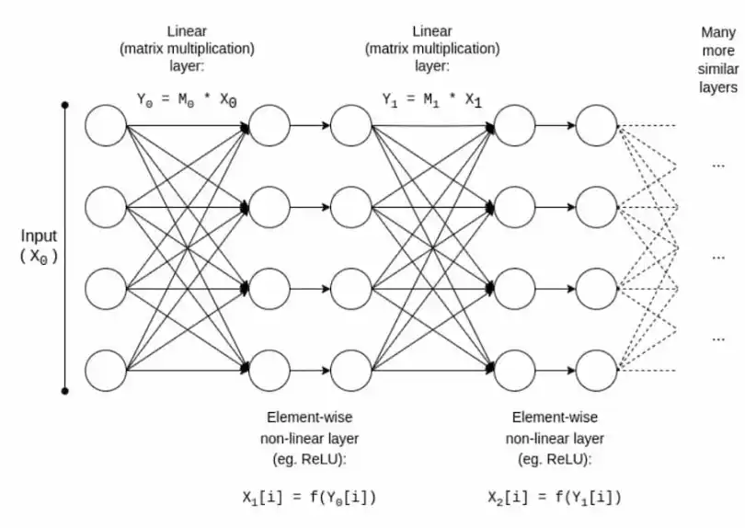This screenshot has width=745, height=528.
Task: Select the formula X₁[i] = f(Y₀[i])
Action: pos(308,498)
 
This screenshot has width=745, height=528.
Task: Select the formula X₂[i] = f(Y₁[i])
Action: pos(555,498)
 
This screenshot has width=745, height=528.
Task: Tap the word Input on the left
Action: pos(38,237)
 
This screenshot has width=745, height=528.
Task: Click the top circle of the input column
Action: pos(105,125)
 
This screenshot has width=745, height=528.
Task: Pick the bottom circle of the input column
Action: pos(105,371)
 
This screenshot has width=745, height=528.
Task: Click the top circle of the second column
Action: pos(269,125)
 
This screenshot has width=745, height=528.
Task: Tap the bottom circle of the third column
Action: pos(351,371)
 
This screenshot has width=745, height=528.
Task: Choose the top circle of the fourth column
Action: pos(515,125)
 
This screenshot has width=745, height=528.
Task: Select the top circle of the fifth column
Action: pos(597,125)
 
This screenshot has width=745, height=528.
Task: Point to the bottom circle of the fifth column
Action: pos(597,371)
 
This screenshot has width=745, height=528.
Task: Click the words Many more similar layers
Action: pos(717,60)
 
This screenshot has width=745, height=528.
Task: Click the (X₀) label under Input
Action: pos(39,258)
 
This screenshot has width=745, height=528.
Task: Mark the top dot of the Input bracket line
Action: pos(65,106)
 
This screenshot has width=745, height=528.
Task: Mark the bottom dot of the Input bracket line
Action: pos(65,391)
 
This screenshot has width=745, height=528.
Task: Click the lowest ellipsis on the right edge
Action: pos(718,339)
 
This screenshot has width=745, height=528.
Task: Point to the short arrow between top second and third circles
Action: pos(310,125)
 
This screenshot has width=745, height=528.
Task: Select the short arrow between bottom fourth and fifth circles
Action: pos(556,371)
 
